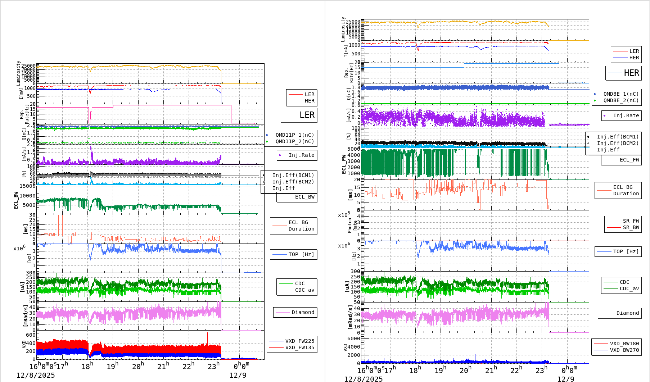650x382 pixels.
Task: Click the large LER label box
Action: click(299, 115)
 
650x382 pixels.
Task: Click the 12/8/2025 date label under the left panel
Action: click(36, 375)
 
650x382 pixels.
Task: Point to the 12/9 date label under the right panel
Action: click(566, 379)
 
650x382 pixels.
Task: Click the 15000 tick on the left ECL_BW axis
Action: click(28, 186)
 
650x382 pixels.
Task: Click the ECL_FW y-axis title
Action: click(344, 164)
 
